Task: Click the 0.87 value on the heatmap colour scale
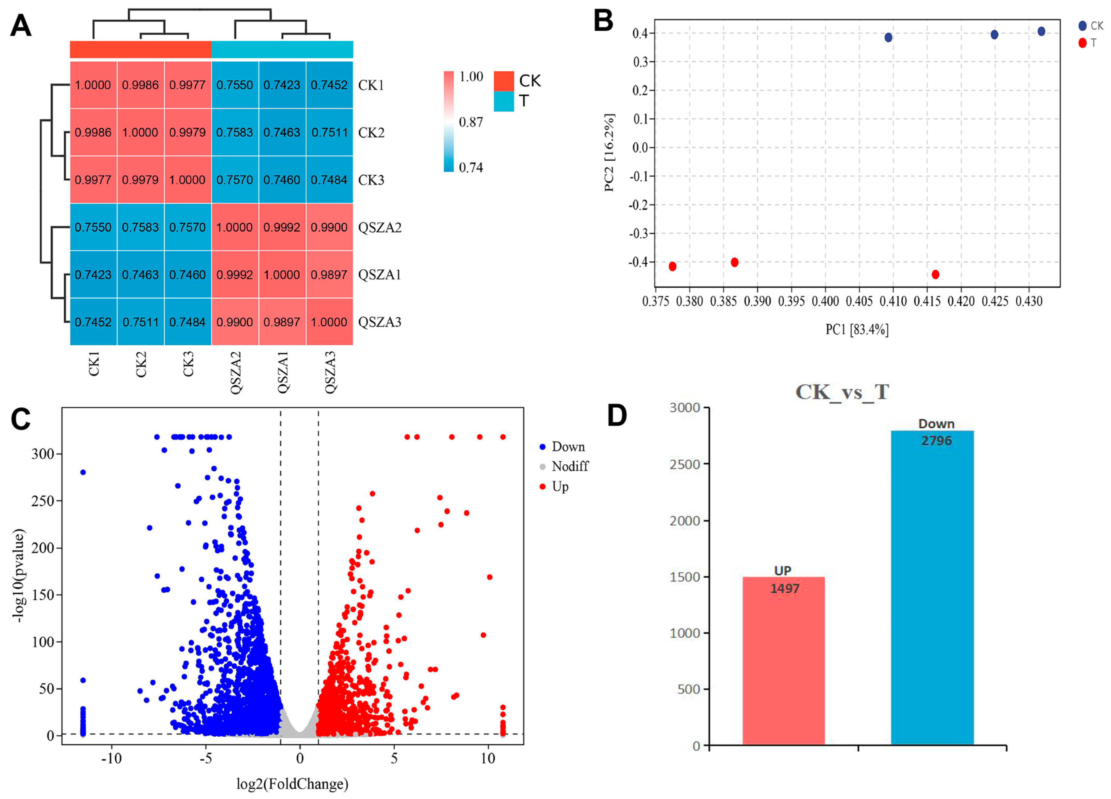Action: click(471, 122)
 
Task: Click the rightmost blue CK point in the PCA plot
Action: click(1042, 31)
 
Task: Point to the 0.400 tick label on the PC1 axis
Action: click(825, 301)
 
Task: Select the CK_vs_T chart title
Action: click(842, 392)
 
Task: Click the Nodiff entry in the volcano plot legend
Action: click(570, 466)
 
